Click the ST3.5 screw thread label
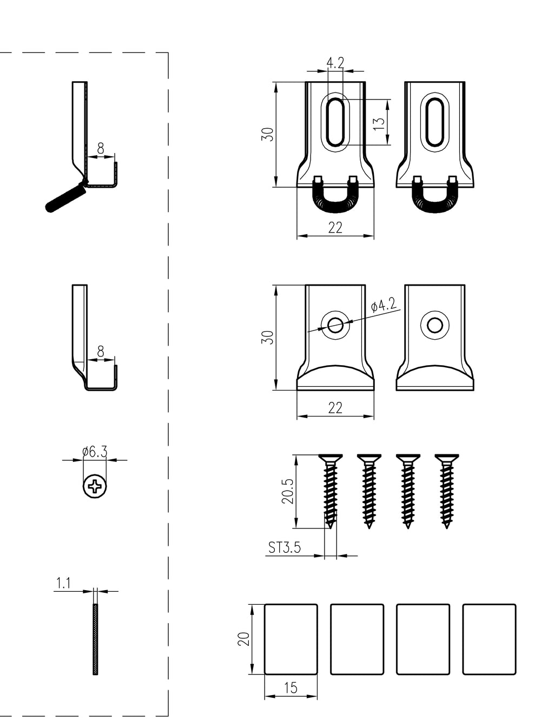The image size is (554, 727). (285, 547)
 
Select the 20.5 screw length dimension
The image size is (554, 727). (287, 491)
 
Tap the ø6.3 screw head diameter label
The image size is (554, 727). (95, 451)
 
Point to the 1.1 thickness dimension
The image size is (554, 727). (64, 583)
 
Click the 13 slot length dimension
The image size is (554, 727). (379, 122)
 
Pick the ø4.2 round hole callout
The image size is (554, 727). (384, 306)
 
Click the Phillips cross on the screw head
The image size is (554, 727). (95, 487)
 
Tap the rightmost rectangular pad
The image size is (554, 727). (489, 639)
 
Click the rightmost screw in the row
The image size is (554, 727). (446, 490)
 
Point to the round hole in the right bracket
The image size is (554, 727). (434, 325)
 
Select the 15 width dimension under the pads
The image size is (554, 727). (291, 688)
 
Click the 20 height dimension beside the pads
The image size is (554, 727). (244, 639)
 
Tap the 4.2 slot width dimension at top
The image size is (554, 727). (335, 63)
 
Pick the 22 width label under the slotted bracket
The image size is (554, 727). (335, 228)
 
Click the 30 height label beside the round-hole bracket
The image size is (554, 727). (268, 337)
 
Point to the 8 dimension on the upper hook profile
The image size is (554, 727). (101, 148)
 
